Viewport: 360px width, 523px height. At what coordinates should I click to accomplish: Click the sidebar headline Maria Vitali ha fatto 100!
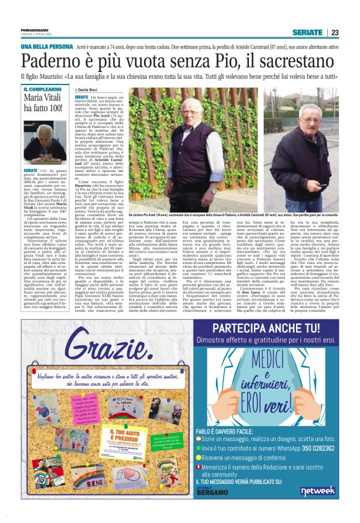pyautogui.click(x=43, y=103)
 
